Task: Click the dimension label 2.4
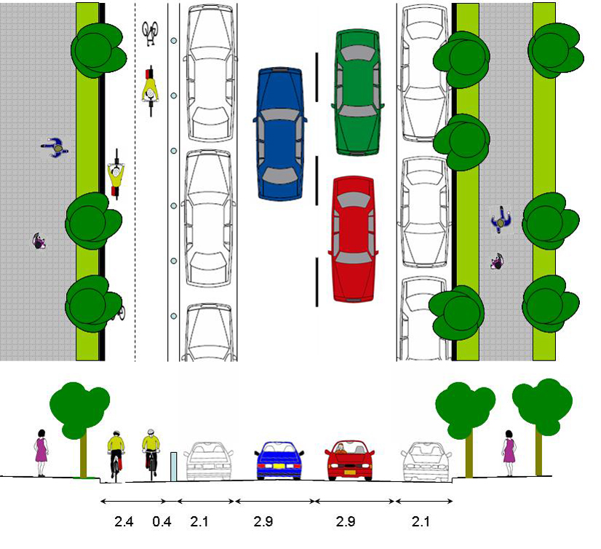point(124,522)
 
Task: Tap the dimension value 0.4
point(161,522)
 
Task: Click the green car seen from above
point(357,92)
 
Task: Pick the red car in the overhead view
point(354,238)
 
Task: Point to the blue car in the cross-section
point(279,459)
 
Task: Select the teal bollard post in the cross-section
point(174,466)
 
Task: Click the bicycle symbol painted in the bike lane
point(151,33)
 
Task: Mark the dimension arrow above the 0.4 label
point(172,501)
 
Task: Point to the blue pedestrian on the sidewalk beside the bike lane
point(55,148)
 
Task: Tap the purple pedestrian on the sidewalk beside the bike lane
point(39,240)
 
